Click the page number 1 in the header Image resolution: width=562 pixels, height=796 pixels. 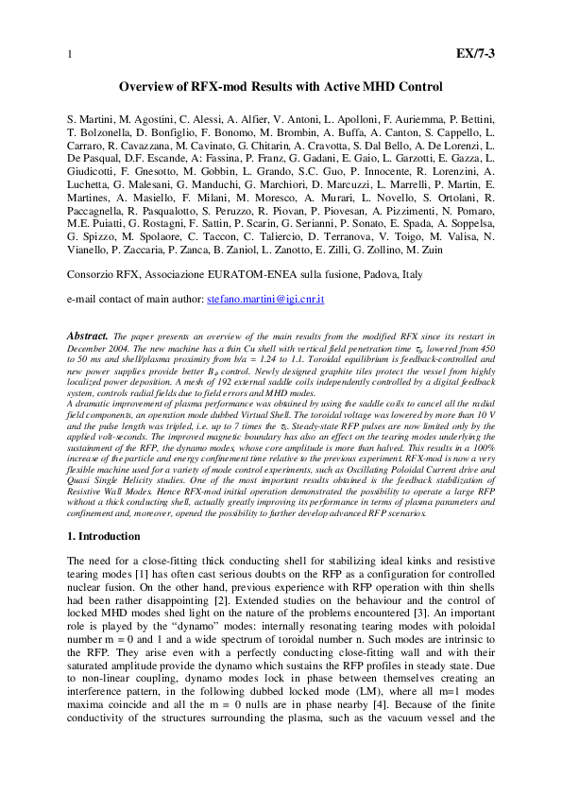(x=69, y=54)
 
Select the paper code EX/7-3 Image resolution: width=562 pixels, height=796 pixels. (x=475, y=53)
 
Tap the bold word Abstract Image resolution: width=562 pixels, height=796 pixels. (x=88, y=336)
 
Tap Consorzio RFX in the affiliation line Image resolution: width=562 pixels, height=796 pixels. (x=101, y=275)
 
